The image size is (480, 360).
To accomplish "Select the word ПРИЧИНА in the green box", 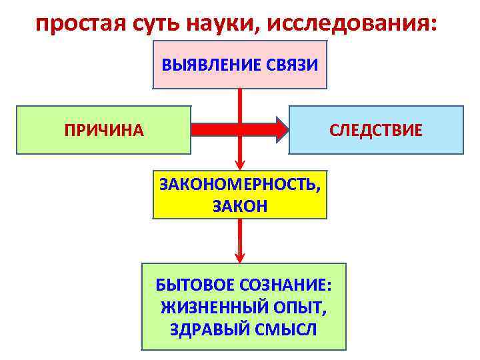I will click(103, 130).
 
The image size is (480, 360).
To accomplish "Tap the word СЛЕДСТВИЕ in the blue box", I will click(376, 130).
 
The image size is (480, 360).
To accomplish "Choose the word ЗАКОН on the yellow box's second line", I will click(240, 206).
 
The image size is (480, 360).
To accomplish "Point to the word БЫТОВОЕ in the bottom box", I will click(187, 285).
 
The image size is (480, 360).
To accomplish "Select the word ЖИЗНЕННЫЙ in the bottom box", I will click(207, 307).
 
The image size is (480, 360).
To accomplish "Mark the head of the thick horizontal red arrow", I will click(281, 129).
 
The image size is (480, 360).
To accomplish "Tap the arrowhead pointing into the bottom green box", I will click(240, 257).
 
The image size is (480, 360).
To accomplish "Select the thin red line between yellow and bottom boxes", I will click(240, 235).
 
